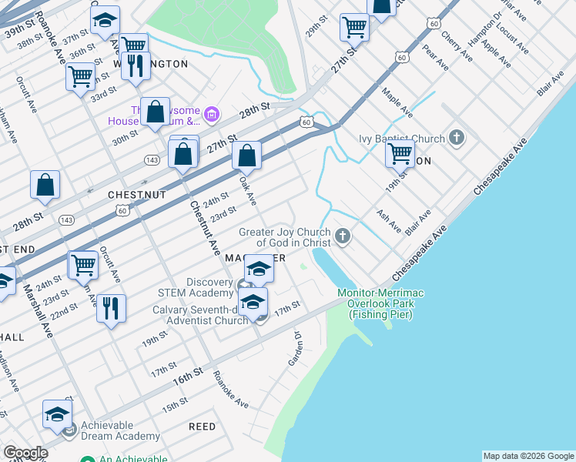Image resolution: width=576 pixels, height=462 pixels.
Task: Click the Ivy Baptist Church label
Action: tap(401, 139)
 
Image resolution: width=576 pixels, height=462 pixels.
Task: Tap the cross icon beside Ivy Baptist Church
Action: tap(457, 139)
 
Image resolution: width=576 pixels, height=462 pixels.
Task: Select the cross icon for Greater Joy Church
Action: tap(343, 237)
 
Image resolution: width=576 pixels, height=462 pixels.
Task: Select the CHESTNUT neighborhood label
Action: tap(137, 196)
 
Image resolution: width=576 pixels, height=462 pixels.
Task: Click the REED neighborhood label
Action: tap(202, 426)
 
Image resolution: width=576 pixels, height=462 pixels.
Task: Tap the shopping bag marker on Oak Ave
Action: tap(246, 156)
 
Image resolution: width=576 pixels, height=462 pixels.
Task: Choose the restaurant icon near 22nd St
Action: tap(112, 309)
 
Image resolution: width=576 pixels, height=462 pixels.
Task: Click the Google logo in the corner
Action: tap(25, 453)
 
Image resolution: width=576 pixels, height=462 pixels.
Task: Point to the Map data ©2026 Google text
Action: tap(528, 456)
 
